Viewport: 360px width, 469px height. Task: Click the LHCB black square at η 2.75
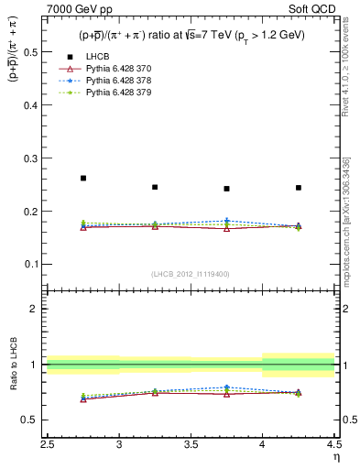tap(83, 178)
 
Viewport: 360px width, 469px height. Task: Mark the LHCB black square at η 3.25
tap(155, 187)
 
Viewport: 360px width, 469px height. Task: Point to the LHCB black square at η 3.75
tap(226, 189)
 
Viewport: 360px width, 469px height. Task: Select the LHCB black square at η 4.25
tap(299, 188)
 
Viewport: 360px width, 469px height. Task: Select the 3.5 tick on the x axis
tap(191, 444)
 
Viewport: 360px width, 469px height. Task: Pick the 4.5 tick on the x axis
tap(333, 444)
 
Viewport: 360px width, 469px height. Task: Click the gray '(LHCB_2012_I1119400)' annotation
tap(191, 274)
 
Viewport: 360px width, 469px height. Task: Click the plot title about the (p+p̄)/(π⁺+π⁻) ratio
tap(191, 36)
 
